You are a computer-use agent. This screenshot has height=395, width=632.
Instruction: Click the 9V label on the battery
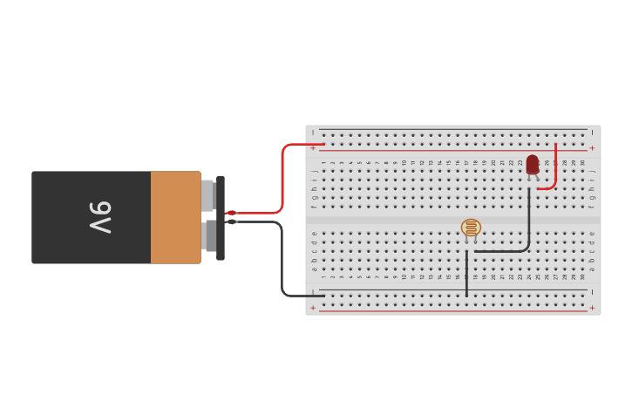click(100, 217)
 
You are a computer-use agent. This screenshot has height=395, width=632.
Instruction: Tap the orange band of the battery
click(175, 217)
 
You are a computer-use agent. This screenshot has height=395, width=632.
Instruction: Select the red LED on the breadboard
click(533, 164)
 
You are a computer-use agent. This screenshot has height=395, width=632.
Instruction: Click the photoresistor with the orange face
click(471, 228)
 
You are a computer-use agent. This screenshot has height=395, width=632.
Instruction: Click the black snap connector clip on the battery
click(221, 217)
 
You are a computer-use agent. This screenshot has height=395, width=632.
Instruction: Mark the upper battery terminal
click(207, 195)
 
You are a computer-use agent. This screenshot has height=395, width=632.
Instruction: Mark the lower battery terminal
click(209, 235)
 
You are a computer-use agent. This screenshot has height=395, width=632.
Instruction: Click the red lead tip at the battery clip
click(231, 213)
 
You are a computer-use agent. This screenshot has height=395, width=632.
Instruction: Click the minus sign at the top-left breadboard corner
click(313, 133)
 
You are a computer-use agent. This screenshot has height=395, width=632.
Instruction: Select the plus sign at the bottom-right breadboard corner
click(592, 308)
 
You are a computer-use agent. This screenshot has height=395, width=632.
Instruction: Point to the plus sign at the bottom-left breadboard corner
click(313, 308)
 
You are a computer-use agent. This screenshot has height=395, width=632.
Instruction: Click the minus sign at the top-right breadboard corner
click(592, 133)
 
